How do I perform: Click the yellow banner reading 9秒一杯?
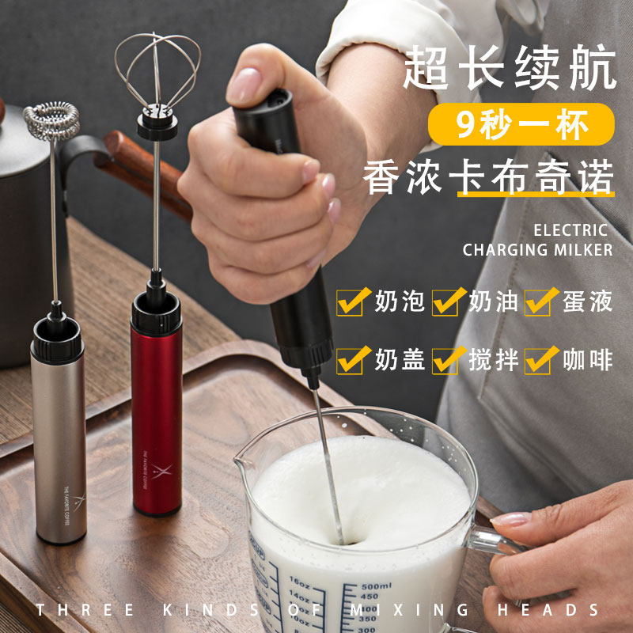522,124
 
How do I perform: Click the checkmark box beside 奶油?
447,301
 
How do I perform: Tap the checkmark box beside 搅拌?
447,360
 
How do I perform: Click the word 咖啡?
587,360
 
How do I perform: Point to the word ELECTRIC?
570,231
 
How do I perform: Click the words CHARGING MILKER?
538,250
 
